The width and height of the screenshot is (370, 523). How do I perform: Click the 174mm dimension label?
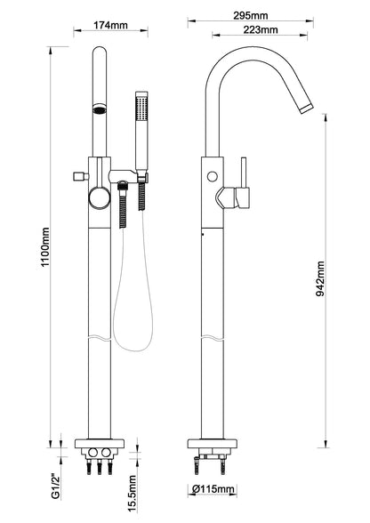tap(110, 25)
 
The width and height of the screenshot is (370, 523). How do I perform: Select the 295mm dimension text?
tap(251, 15)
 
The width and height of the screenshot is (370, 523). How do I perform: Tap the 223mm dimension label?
tap(261, 29)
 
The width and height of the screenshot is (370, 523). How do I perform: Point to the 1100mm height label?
tap(45, 246)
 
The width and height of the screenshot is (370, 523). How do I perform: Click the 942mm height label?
tap(320, 278)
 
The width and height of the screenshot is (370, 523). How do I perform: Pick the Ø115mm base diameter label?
tap(213, 489)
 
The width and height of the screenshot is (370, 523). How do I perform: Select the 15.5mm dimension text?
tap(133, 494)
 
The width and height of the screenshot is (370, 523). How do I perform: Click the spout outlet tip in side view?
tap(307, 109)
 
